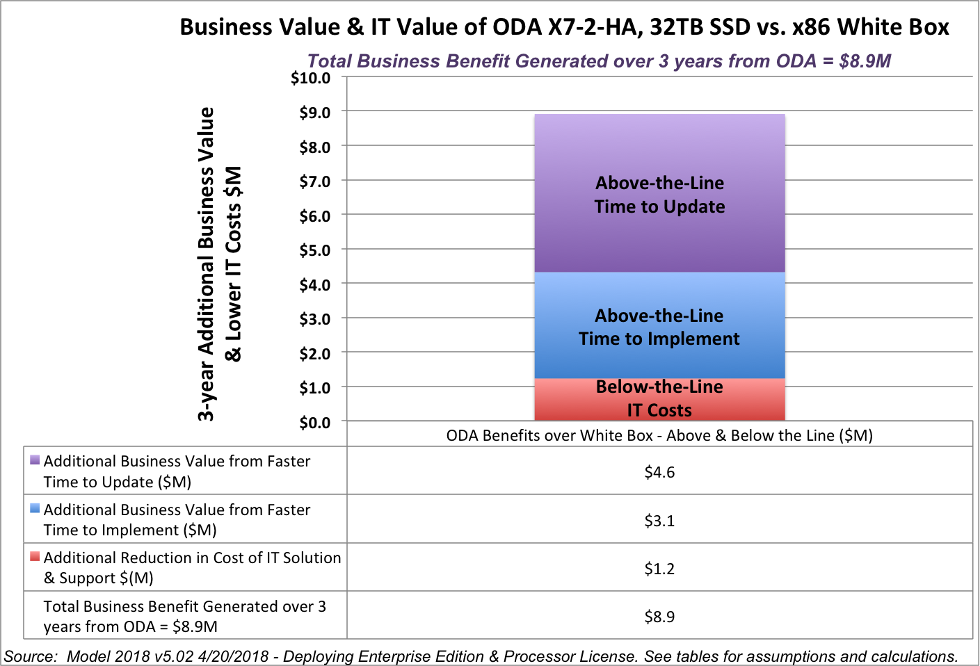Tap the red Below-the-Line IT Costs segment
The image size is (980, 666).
point(659,399)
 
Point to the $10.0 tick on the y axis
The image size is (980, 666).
point(311,78)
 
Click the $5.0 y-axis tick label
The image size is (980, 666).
point(314,250)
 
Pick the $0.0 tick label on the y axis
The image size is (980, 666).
point(314,423)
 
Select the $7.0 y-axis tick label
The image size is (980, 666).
point(314,181)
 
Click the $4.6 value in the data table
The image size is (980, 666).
point(659,473)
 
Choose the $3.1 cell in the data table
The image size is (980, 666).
point(659,521)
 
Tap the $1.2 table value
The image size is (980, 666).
point(659,569)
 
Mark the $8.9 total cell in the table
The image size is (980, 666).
point(659,617)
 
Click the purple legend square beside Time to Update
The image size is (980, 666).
point(35,460)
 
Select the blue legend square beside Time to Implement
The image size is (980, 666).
point(35,508)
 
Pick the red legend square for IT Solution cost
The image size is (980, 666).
point(35,556)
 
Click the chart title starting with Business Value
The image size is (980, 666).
point(564,27)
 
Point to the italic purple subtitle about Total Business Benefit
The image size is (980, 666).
point(599,61)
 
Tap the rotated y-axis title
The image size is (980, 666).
point(219,264)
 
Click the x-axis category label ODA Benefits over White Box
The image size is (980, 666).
point(659,436)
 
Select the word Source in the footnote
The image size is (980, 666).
point(30,656)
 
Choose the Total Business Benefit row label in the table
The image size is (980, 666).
point(184,617)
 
